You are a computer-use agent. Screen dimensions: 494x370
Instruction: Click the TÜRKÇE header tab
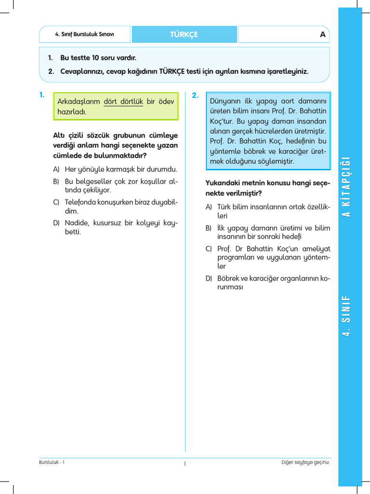[x=184, y=34]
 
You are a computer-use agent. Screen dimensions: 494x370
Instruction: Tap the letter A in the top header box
[x=323, y=35]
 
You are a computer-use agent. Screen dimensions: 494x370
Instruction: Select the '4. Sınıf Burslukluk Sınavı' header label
[x=85, y=34]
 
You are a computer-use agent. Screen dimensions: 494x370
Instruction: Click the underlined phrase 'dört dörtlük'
[x=123, y=101]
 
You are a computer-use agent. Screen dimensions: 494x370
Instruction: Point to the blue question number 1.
[x=42, y=95]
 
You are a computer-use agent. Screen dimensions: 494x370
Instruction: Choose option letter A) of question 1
[x=56, y=169]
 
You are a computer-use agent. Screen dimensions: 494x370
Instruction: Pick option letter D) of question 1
[x=56, y=223]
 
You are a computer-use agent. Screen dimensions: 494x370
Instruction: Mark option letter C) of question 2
[x=209, y=248]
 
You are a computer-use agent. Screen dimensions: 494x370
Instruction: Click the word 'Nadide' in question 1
[x=76, y=223]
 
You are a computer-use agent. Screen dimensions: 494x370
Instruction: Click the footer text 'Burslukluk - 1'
[x=52, y=462]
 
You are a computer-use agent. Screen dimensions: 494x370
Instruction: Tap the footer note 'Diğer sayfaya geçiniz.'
[x=305, y=462]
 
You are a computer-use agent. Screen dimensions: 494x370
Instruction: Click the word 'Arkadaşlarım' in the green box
[x=79, y=101]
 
